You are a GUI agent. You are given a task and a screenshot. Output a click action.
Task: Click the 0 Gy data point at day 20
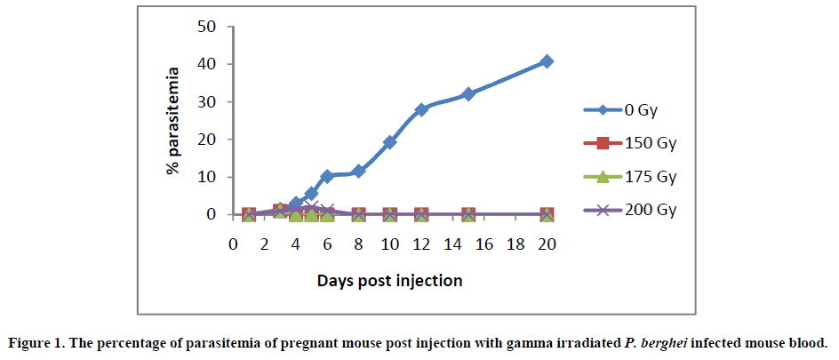pyautogui.click(x=547, y=61)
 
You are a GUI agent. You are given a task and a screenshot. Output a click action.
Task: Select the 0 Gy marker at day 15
pyautogui.click(x=468, y=94)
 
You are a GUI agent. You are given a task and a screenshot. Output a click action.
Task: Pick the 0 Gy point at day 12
pyautogui.click(x=421, y=109)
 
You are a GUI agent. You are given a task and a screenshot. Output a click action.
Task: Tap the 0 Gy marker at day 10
pyautogui.click(x=389, y=142)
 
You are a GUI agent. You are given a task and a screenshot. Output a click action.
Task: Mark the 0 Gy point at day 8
pyautogui.click(x=358, y=171)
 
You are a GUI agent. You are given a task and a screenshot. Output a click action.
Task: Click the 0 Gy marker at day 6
pyautogui.click(x=327, y=176)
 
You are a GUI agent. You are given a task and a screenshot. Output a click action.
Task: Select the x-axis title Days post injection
pyautogui.click(x=389, y=281)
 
